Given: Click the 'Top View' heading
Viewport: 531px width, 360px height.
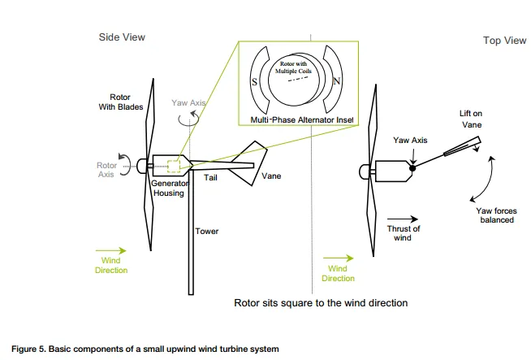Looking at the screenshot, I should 503,40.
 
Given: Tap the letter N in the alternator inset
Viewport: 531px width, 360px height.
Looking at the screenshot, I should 335,80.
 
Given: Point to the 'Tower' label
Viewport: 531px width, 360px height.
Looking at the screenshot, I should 207,232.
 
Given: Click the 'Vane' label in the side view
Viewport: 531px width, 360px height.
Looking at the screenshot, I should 271,176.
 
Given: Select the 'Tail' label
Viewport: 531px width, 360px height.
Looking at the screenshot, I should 211,176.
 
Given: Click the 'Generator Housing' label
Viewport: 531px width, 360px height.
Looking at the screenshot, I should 169,189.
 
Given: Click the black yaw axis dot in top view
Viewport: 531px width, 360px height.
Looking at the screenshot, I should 413,167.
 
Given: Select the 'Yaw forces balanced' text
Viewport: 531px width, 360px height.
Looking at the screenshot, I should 495,215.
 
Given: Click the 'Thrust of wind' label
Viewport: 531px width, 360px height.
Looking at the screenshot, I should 404,232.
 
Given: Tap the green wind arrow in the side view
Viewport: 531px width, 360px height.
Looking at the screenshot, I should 110,250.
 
